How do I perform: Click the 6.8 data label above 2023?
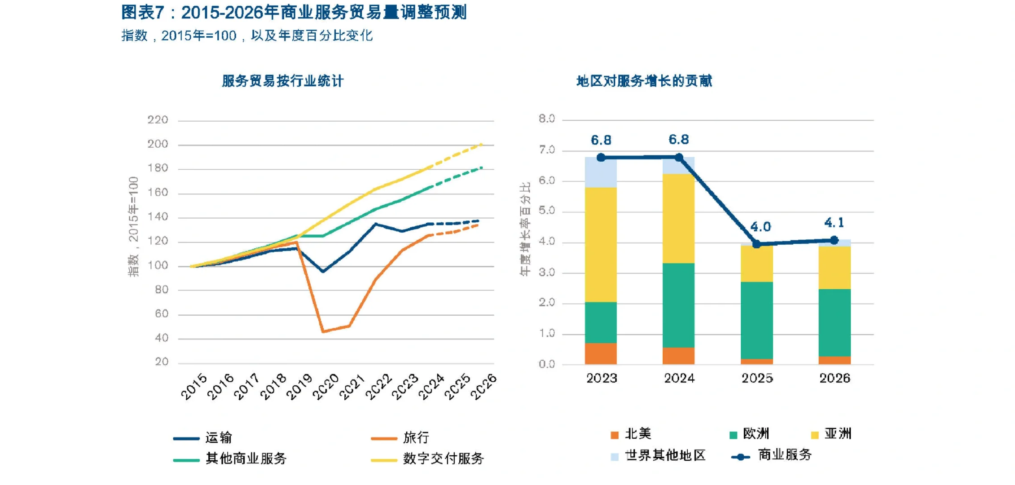[x=601, y=141]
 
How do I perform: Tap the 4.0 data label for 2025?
[x=760, y=227]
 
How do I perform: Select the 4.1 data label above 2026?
[x=834, y=223]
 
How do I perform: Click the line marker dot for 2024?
[x=679, y=157]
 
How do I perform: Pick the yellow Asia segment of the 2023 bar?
[x=601, y=245]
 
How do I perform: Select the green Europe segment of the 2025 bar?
[x=756, y=320]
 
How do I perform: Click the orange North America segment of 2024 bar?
[x=678, y=356]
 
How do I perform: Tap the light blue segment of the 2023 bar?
[x=601, y=172]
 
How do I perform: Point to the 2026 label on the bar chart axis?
[x=835, y=378]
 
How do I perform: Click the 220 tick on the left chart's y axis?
[x=158, y=120]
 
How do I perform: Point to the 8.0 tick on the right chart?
[x=547, y=119]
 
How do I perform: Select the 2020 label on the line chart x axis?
[x=325, y=387]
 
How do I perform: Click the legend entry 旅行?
[x=416, y=437]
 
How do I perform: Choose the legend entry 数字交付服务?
[x=443, y=458]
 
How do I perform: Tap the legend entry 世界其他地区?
[x=665, y=455]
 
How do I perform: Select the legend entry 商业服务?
[x=784, y=455]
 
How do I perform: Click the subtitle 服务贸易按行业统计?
[x=283, y=81]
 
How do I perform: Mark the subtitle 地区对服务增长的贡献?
[x=644, y=81]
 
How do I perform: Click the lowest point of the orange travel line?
[x=323, y=331]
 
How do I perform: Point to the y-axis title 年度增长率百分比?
[x=525, y=229]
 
